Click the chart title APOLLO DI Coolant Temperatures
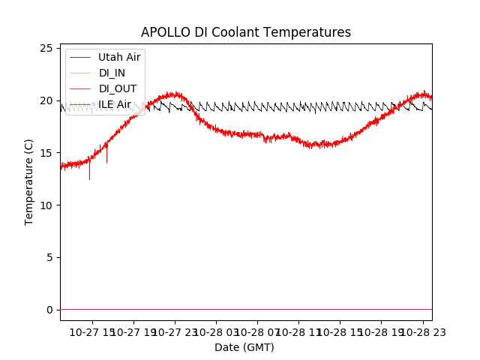coord(246,32)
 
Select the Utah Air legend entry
coord(119,57)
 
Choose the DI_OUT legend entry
coord(118,88)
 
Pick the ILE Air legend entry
coord(115,104)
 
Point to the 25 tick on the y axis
coord(46,48)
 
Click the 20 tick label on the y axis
coord(46,100)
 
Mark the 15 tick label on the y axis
coord(46,153)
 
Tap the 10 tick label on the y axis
coord(46,205)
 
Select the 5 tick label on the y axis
coord(49,257)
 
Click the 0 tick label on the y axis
coord(49,310)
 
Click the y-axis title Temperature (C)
coord(29,181)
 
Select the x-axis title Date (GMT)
coord(244,347)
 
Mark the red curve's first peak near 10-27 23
coord(175,94)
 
